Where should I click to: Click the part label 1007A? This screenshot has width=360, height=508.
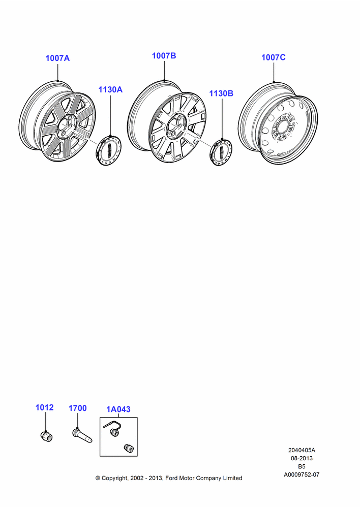coord(57,58)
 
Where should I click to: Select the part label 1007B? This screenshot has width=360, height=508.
coord(164,56)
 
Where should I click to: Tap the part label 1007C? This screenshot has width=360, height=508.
coord(274,57)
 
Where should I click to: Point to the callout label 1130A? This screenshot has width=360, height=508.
coord(110,89)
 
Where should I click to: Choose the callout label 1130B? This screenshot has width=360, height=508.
coord(221,93)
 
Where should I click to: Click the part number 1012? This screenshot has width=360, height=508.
coord(44,407)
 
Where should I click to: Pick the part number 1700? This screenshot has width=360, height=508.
coord(77,408)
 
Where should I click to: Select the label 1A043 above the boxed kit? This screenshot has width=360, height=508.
coord(118,409)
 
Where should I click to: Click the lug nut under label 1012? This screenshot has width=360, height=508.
coord(47,436)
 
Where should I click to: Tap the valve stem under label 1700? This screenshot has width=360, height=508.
coord(82,435)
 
